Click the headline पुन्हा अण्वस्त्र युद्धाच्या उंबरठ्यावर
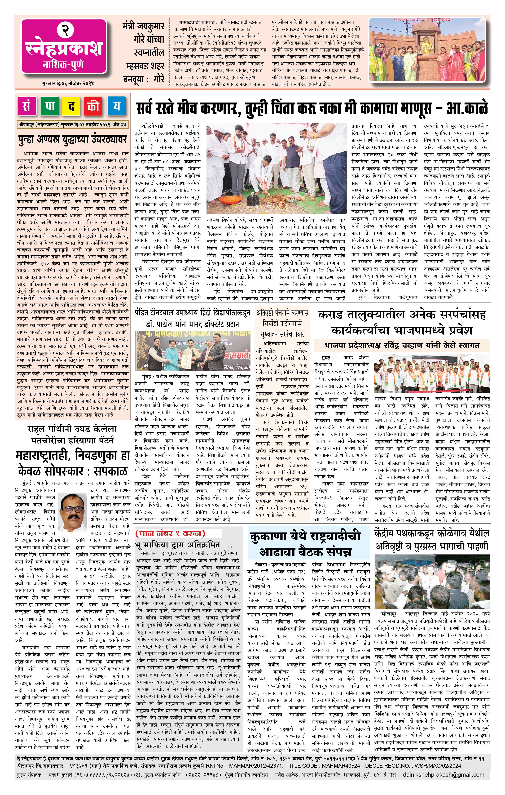[73, 139]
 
